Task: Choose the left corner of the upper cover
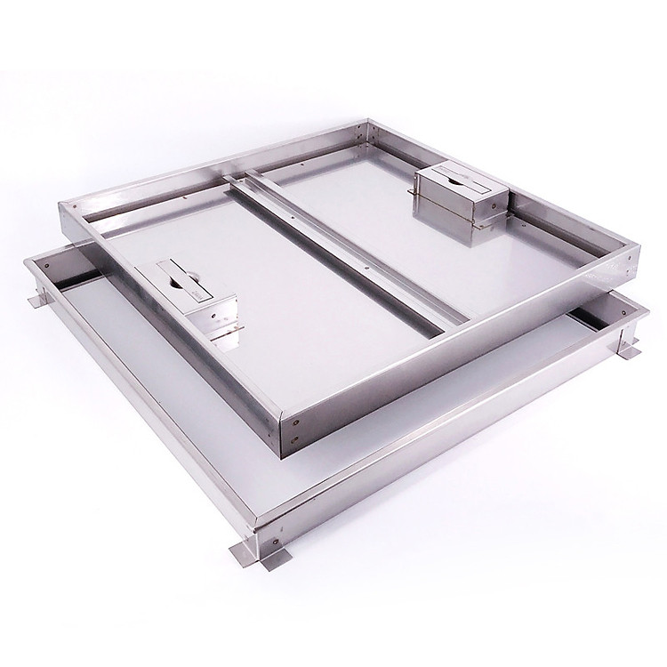tap(60, 206)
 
